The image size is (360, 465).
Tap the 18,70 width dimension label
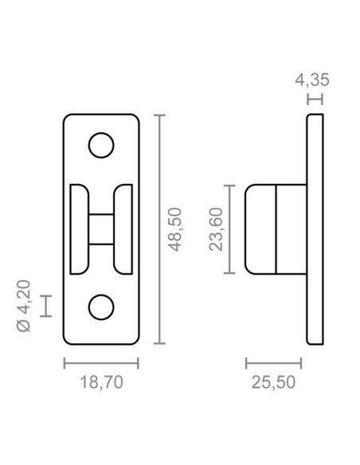(x=101, y=382)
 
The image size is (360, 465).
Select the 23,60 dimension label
(x=215, y=229)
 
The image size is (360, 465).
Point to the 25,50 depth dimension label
(x=273, y=382)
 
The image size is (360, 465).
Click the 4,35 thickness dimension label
(x=311, y=80)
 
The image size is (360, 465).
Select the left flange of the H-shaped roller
(x=80, y=229)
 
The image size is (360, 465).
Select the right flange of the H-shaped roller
(x=123, y=229)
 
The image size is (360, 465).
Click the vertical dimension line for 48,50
(x=162, y=229)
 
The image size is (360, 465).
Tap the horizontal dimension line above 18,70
(x=101, y=363)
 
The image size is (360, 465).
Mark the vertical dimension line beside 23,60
(x=229, y=229)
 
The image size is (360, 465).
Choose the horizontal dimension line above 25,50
(x=273, y=363)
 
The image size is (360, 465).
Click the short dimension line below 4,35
(x=315, y=100)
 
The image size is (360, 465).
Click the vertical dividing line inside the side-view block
(x=276, y=229)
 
